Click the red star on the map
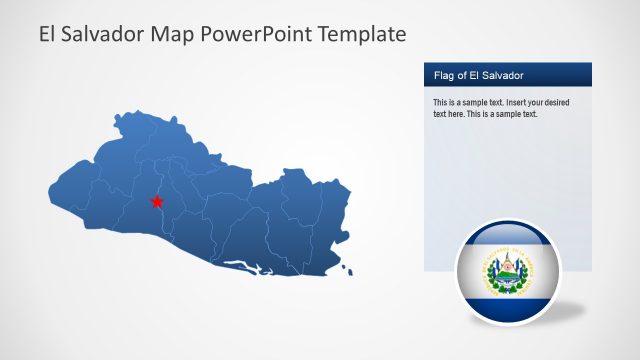157,202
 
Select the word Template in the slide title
361,34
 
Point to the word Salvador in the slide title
106,34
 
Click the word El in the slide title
49,34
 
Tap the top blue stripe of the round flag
505,238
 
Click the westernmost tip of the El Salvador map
51,187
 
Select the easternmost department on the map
330,225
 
